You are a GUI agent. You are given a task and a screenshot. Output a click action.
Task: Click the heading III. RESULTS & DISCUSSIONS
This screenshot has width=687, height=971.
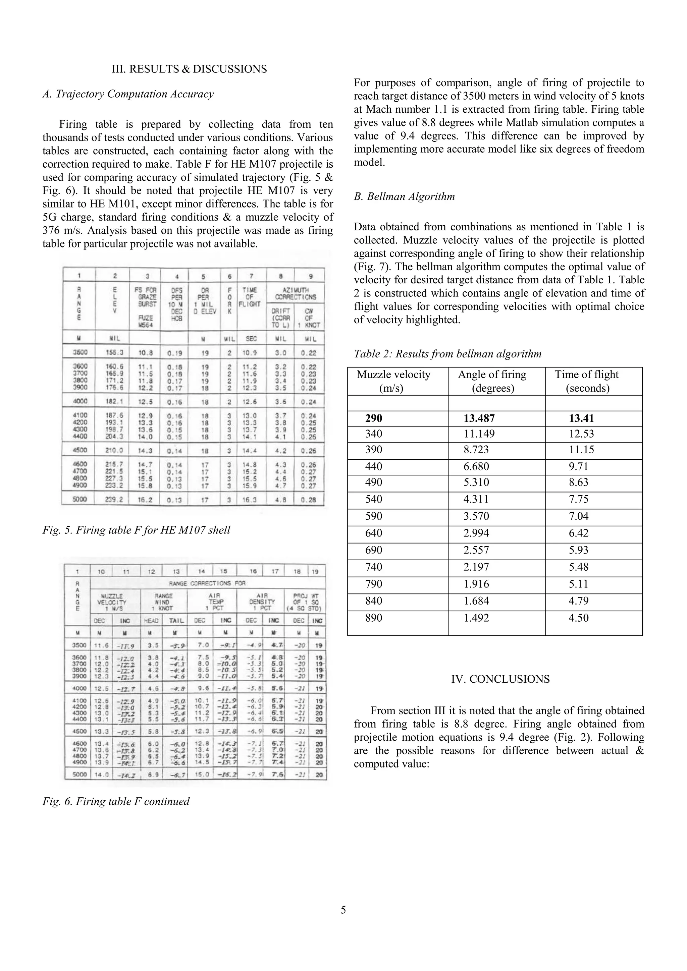[189, 69]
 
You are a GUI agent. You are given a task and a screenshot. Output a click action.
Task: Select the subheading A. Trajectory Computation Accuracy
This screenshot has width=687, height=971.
[128, 94]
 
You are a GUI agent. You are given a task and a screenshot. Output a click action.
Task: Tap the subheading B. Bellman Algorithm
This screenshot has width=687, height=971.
[404, 197]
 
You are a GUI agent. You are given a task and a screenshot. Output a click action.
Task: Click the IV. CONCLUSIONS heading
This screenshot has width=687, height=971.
[500, 679]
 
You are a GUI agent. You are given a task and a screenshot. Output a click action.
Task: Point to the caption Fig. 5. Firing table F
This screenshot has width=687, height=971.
[136, 530]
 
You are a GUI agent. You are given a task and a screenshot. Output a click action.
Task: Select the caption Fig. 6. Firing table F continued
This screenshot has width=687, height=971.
[116, 801]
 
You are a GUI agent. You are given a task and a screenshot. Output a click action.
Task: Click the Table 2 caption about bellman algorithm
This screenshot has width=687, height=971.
[447, 354]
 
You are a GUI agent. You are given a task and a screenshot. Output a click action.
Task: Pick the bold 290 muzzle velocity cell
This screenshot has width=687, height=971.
[374, 419]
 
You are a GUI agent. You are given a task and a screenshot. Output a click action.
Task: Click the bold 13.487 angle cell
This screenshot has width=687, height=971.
[479, 419]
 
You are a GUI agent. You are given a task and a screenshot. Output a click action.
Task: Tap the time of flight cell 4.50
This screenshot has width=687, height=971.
[579, 618]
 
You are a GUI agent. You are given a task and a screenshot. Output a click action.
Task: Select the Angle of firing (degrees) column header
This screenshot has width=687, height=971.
[492, 381]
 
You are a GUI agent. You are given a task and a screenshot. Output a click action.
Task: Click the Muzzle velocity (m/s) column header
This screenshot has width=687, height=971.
[393, 381]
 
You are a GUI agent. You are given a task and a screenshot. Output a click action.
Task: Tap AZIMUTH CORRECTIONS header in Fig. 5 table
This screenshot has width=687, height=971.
[296, 293]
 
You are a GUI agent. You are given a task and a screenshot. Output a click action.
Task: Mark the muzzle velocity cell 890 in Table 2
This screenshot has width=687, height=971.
[374, 618]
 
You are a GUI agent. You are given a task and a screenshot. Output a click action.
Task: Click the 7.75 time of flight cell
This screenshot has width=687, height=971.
[579, 500]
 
